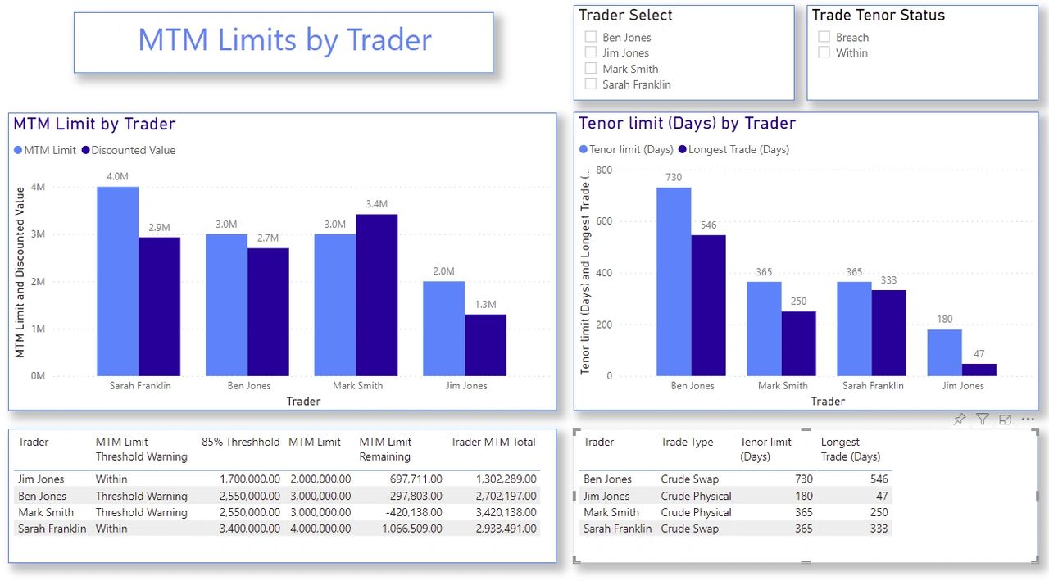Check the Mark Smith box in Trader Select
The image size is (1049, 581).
591,69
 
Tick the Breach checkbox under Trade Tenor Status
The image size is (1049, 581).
824,37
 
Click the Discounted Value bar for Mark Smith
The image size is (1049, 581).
377,295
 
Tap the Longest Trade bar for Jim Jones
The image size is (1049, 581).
979,370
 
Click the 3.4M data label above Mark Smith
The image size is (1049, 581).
378,203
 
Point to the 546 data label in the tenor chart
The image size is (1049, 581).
708,225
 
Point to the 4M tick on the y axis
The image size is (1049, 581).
38,187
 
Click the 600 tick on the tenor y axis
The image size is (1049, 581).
604,221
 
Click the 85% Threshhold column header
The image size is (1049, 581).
240,442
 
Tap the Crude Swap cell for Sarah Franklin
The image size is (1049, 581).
689,529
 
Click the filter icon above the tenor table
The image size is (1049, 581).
983,420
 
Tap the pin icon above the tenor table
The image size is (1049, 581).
960,420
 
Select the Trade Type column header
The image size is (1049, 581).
687,442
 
